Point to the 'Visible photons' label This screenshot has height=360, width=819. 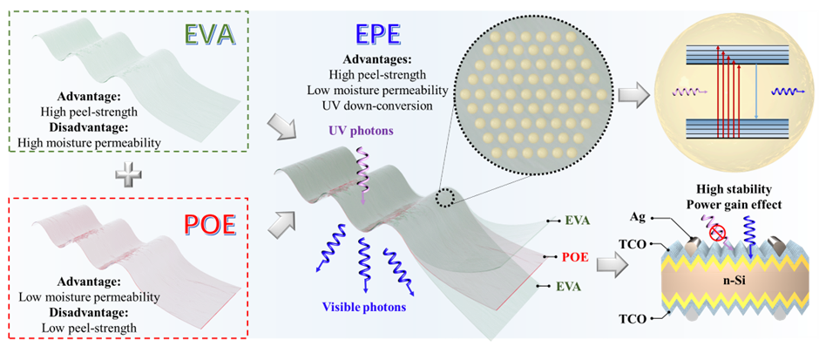364,306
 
